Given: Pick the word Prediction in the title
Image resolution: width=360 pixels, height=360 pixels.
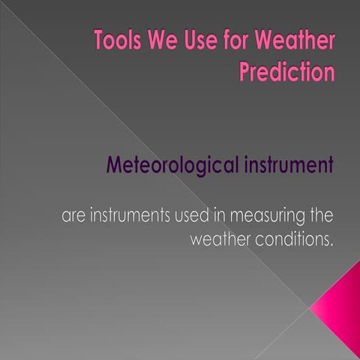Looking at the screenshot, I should pos(286,72).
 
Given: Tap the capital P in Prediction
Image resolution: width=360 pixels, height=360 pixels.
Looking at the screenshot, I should pos(246,72).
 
